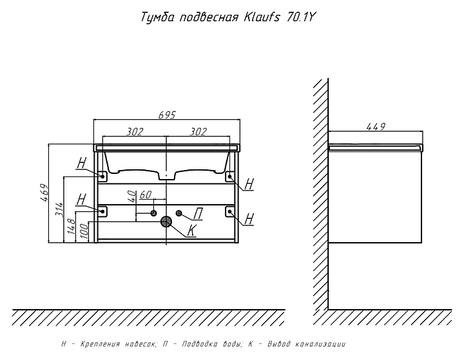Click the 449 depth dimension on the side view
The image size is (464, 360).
376,127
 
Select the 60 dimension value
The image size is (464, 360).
145,194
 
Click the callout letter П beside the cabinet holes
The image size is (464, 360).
199,214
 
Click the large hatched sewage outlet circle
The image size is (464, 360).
166,222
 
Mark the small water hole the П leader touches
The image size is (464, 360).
179,213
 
